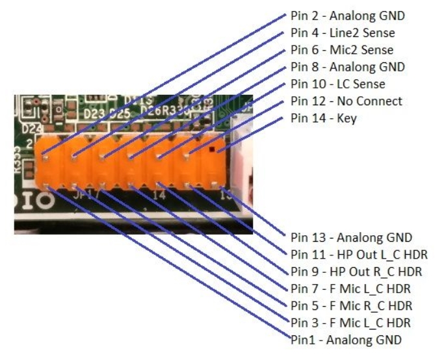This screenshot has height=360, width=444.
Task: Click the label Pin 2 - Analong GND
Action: coord(338,16)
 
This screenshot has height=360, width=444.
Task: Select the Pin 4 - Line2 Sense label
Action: coord(333,32)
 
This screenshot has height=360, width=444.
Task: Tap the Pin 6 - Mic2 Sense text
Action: coord(333,49)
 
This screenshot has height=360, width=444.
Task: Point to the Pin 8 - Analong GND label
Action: coord(338,66)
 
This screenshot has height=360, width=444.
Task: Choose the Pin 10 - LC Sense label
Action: coord(329,84)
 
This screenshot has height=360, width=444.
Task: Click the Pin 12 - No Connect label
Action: coord(337,101)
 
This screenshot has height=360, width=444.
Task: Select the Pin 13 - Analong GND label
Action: coord(341,237)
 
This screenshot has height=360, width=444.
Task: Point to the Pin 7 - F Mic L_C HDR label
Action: coord(345,288)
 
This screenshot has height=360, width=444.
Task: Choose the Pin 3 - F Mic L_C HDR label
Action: coord(345,322)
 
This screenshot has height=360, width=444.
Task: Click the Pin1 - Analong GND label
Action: coord(337,339)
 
